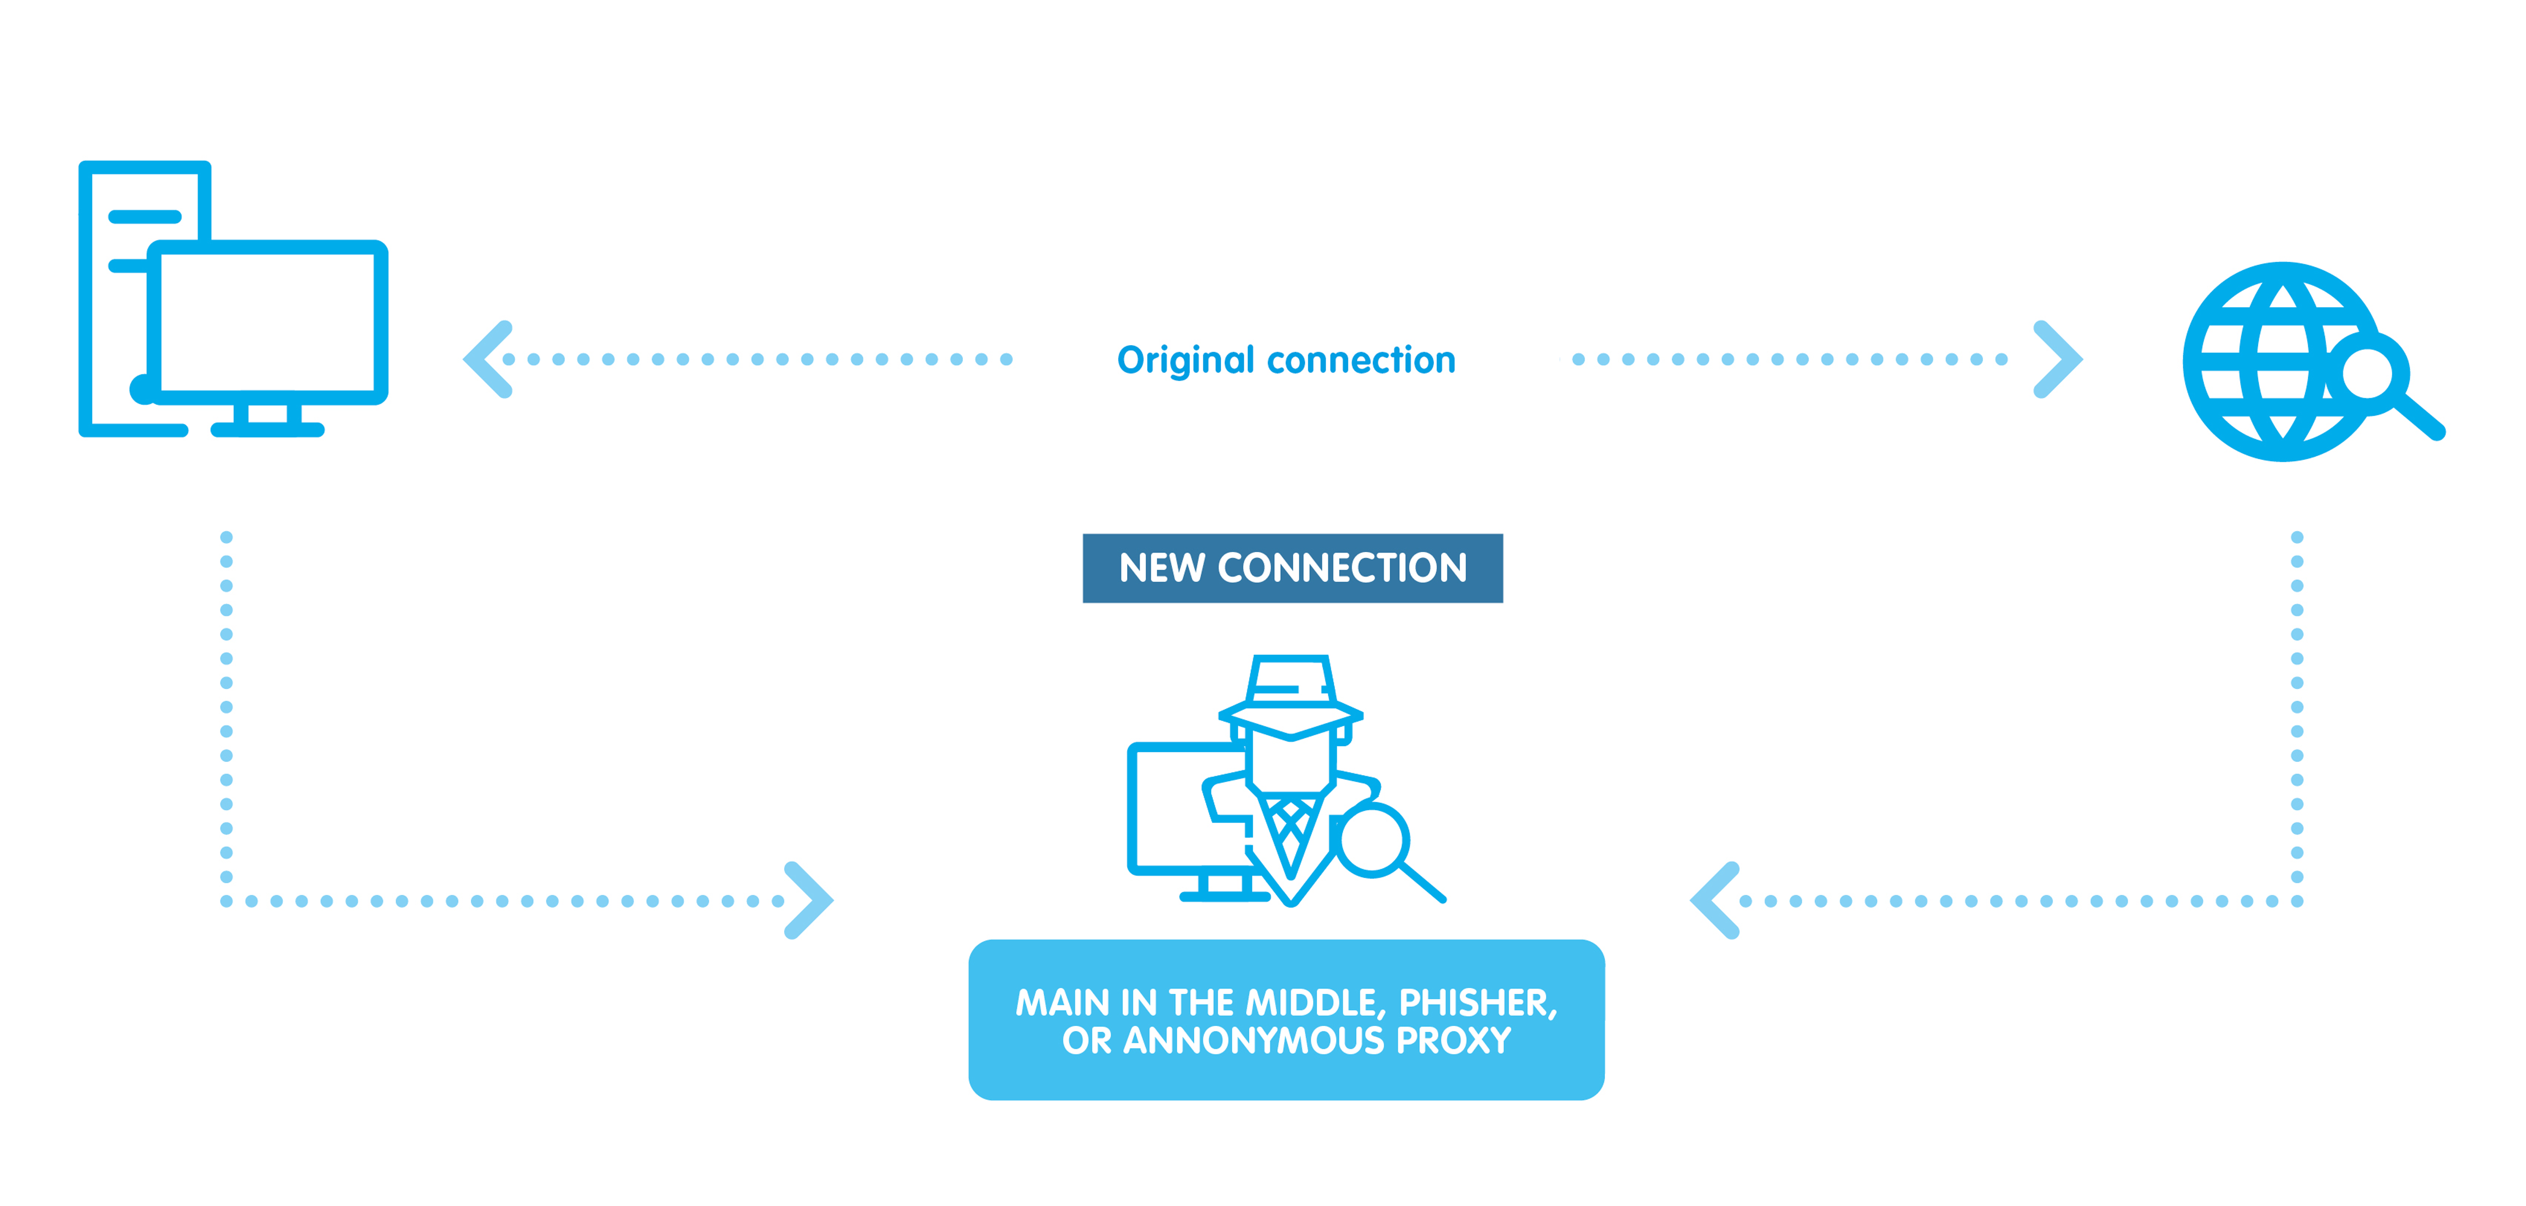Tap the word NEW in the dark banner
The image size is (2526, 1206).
(1162, 569)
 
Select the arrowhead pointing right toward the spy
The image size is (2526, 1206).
(809, 900)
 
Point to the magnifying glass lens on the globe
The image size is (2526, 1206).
(2368, 373)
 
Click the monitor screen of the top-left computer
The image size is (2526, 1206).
(267, 322)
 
